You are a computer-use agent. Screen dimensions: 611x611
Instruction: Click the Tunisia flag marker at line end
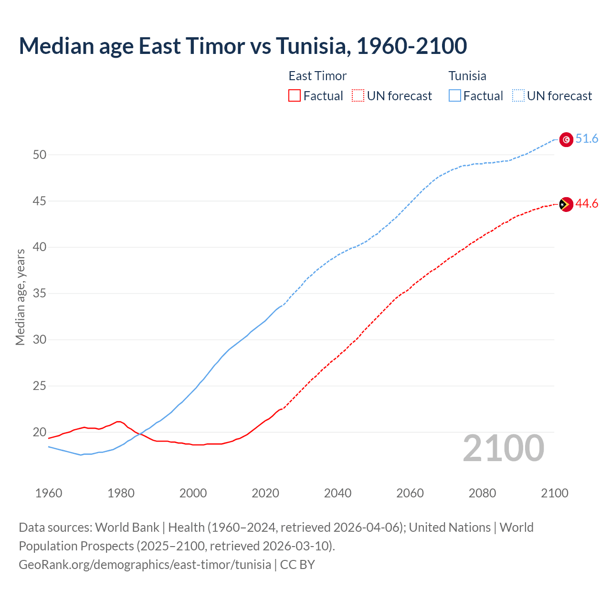tap(566, 139)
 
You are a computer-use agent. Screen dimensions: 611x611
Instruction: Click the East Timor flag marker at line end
tap(566, 204)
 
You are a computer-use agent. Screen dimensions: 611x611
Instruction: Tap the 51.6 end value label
tap(587, 139)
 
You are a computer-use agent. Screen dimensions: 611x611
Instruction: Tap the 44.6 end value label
tap(587, 204)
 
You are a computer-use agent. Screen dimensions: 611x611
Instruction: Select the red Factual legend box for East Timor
tap(295, 96)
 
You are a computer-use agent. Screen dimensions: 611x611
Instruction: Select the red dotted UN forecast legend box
tap(358, 96)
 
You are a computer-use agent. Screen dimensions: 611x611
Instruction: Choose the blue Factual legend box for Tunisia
tap(455, 96)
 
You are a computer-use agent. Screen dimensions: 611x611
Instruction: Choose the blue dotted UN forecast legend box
tap(518, 96)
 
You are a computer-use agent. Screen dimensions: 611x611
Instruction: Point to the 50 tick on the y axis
tap(40, 155)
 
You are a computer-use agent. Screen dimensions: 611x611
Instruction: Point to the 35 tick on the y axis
tap(40, 294)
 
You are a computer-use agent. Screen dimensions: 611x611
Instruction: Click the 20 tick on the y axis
tap(40, 432)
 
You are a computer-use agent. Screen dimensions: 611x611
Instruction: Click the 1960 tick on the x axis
tap(49, 493)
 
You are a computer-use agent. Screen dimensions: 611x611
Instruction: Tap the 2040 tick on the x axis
tap(337, 493)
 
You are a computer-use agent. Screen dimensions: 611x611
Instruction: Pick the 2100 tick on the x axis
tap(555, 493)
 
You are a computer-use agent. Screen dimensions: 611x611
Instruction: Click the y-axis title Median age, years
tap(20, 297)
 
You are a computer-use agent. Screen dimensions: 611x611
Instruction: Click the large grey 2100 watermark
tap(504, 448)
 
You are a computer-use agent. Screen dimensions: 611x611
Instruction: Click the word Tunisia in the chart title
tap(313, 46)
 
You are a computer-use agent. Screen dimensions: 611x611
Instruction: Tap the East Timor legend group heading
tap(317, 76)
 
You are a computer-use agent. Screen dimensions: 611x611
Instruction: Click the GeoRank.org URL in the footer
tap(145, 565)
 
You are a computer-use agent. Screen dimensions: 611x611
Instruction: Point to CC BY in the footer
tap(297, 565)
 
